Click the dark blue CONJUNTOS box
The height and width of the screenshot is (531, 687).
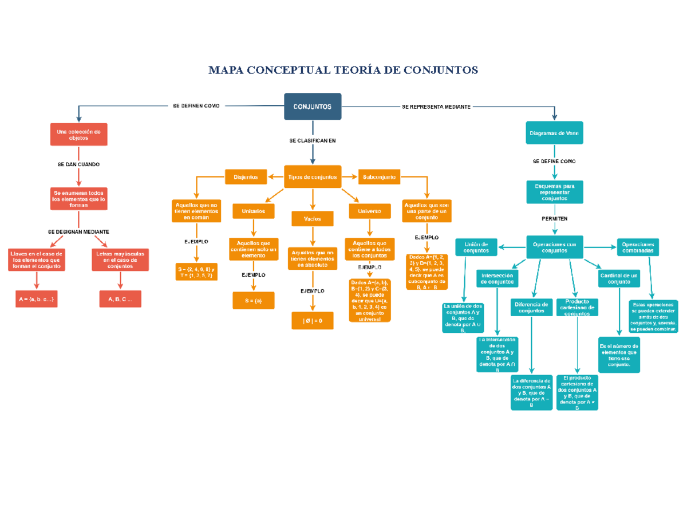click(x=313, y=107)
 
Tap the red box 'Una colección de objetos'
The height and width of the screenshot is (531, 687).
click(x=78, y=135)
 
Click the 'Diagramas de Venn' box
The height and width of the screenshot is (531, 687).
click(x=554, y=133)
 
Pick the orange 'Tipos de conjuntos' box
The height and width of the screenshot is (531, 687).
click(x=313, y=177)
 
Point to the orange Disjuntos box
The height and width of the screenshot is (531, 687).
click(x=246, y=177)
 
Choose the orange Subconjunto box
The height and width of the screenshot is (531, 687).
click(x=379, y=177)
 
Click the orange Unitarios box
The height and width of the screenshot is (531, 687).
click(x=254, y=211)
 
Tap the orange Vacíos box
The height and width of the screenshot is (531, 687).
click(x=313, y=219)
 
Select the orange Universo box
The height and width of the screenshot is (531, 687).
click(x=370, y=211)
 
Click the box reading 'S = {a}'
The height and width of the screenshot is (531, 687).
click(x=254, y=300)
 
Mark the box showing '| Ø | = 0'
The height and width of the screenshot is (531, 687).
click(x=313, y=321)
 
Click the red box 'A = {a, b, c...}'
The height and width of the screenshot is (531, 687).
click(x=37, y=299)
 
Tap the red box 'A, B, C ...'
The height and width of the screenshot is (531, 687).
click(x=120, y=299)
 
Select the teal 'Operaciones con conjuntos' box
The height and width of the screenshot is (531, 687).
click(x=554, y=247)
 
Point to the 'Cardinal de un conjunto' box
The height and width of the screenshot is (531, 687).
click(x=619, y=279)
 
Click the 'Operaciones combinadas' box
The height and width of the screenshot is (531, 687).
click(x=638, y=247)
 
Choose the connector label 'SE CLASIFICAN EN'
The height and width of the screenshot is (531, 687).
click(x=313, y=140)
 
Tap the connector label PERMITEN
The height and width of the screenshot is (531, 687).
click(x=554, y=219)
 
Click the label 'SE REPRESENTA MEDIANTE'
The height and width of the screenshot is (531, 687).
click(x=436, y=107)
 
